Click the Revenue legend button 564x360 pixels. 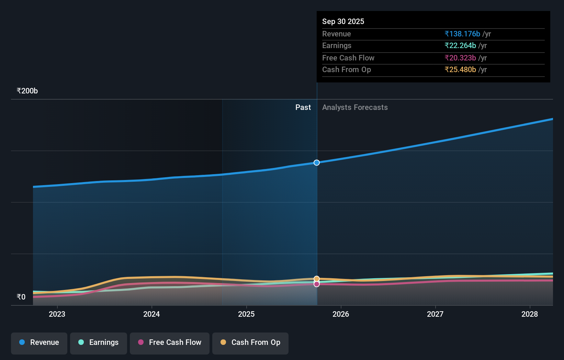click(39, 343)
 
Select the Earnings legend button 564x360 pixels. click(99, 343)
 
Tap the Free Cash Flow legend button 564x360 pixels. click(170, 343)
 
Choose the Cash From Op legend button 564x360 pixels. click(250, 343)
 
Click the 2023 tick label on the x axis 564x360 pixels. click(57, 314)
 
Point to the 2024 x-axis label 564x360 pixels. click(151, 314)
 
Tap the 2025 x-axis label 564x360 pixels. click(246, 314)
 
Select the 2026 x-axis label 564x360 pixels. click(341, 314)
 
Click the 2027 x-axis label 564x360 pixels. click(435, 314)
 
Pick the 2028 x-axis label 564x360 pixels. click(530, 314)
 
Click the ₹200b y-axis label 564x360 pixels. click(27, 91)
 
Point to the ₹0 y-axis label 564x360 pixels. click(21, 297)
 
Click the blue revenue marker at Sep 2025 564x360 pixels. click(317, 162)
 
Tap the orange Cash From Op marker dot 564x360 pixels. click(317, 279)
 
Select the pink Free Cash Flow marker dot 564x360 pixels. click(317, 284)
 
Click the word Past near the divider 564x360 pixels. click(303, 108)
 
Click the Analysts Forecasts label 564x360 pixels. click(355, 108)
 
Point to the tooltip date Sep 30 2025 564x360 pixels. click(343, 21)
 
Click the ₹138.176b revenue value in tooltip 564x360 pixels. click(462, 34)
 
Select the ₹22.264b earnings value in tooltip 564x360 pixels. click(460, 46)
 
